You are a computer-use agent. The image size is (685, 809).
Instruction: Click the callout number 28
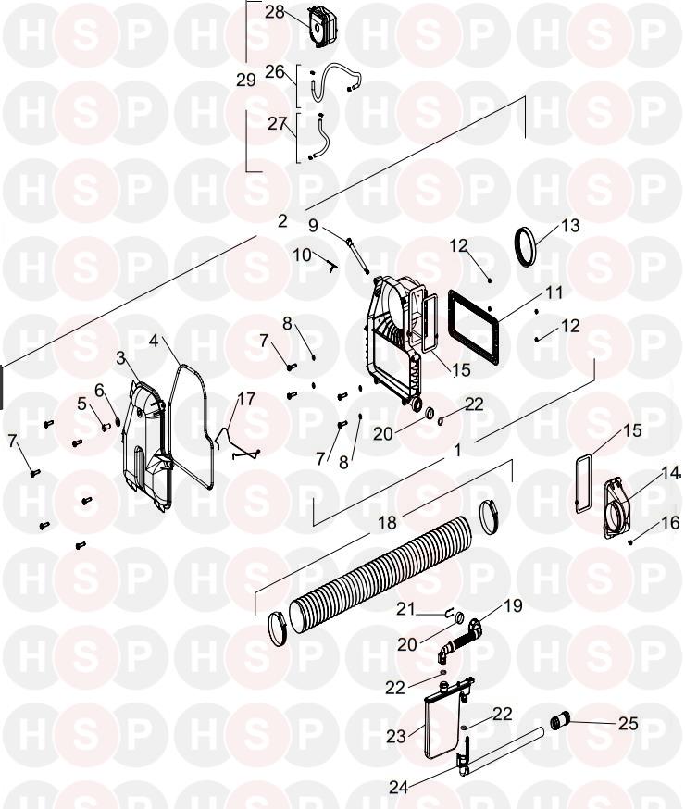(275, 12)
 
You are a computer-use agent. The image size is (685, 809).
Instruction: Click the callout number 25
(628, 724)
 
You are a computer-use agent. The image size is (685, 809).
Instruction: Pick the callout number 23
(395, 737)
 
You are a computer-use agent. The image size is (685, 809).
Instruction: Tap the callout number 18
(387, 524)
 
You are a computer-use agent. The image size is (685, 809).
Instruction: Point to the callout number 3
(120, 357)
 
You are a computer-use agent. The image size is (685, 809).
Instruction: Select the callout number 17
(246, 400)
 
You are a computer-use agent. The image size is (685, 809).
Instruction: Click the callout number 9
(313, 226)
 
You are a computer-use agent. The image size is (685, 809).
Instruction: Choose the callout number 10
(302, 255)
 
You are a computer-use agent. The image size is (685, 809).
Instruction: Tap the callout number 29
(245, 81)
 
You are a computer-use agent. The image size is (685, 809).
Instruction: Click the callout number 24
(399, 788)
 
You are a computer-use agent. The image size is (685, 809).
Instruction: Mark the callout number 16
(670, 523)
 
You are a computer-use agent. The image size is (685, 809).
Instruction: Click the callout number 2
(282, 221)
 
